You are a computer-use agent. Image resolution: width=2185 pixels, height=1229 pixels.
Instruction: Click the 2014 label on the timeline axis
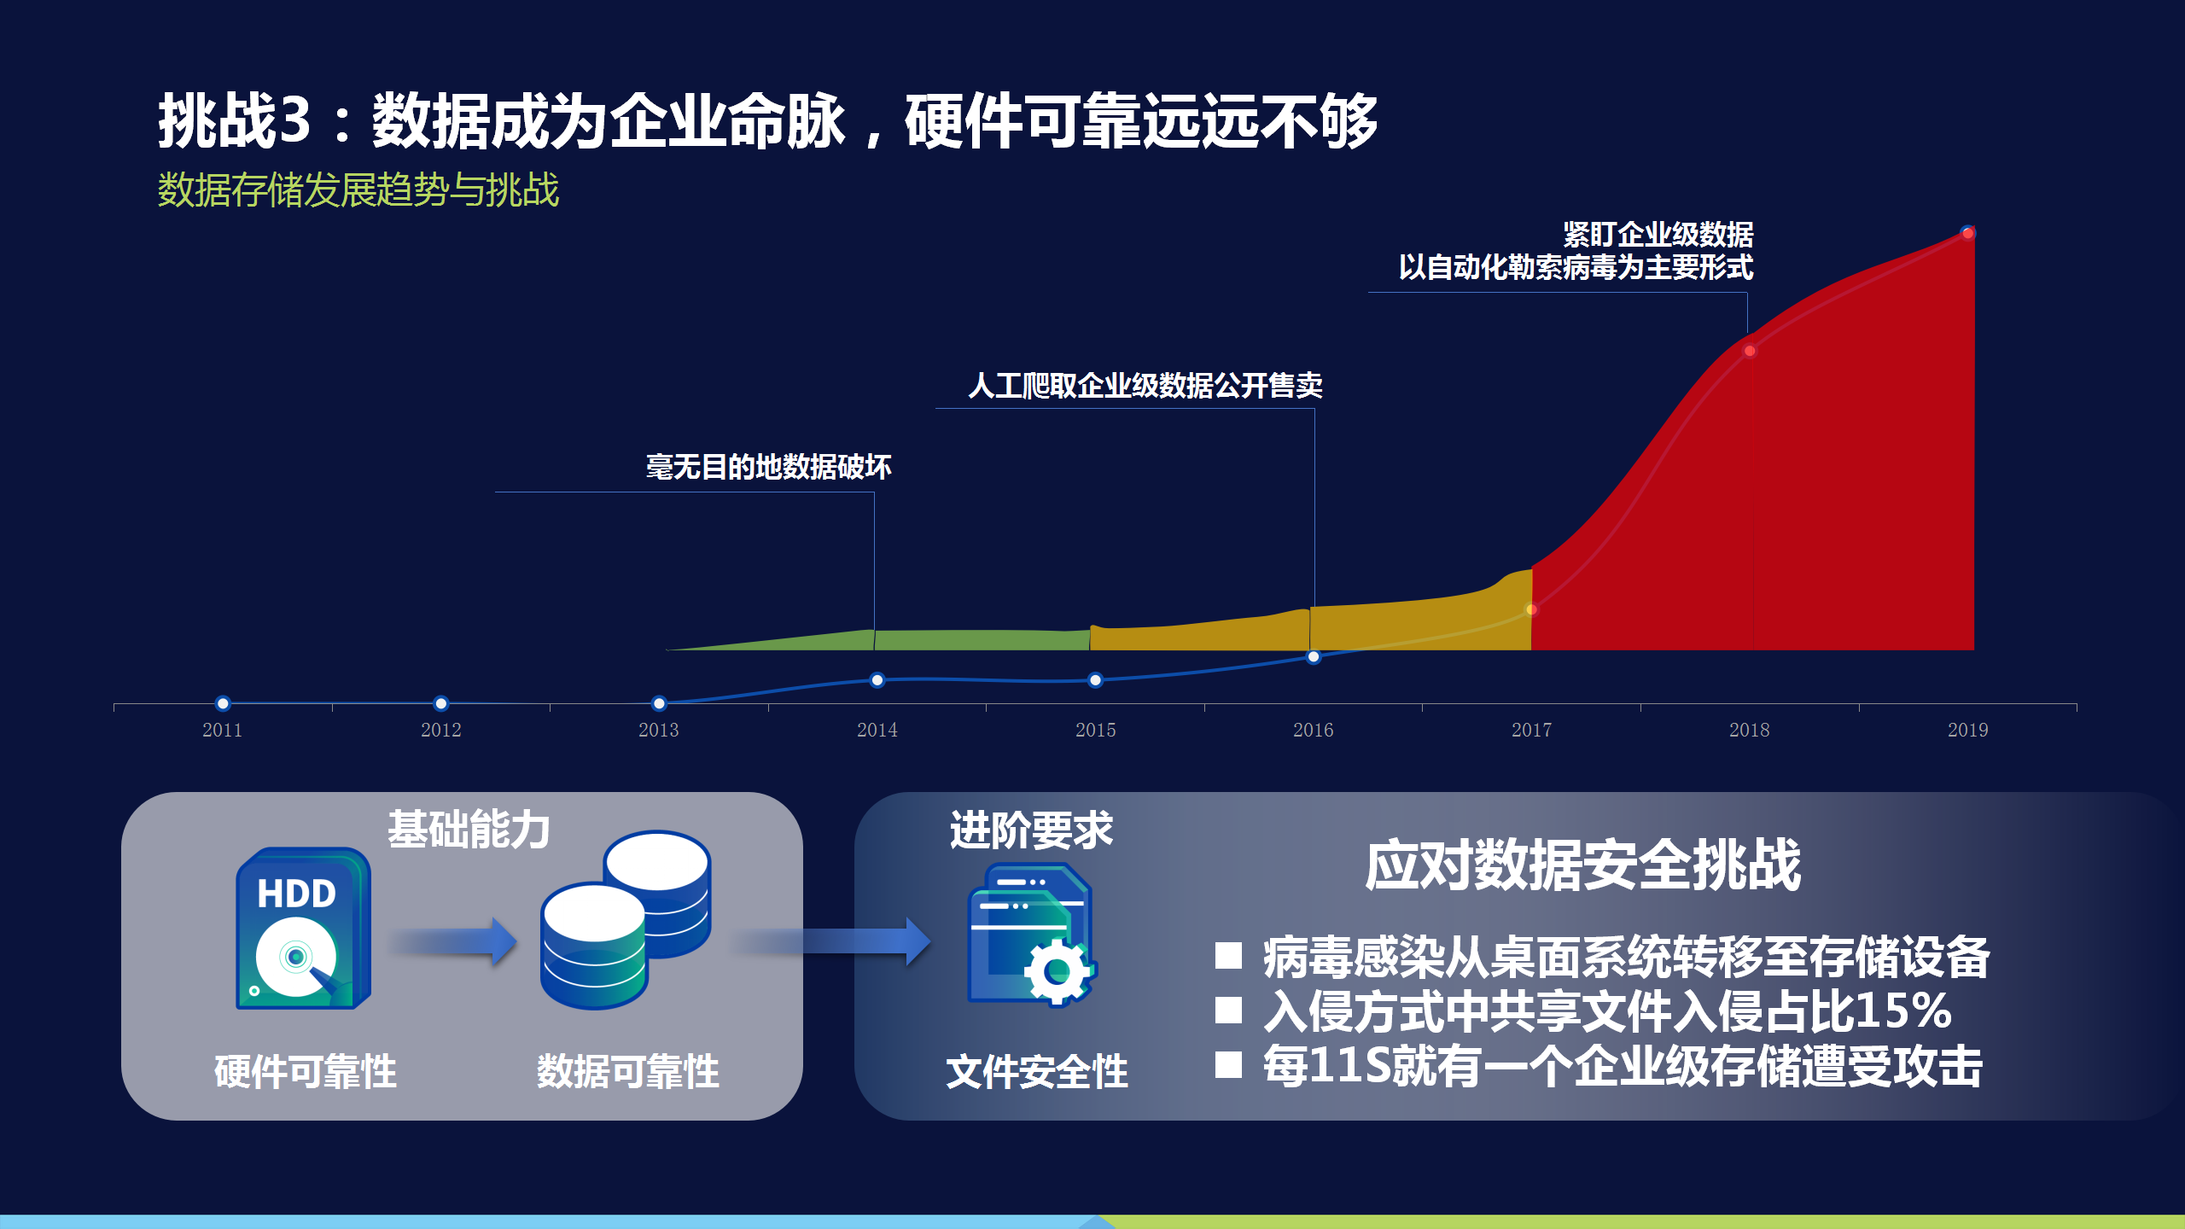pos(877,730)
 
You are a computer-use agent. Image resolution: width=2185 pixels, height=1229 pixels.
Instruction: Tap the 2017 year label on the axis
pos(1531,730)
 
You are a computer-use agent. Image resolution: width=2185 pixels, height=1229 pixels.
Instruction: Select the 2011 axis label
pos(222,730)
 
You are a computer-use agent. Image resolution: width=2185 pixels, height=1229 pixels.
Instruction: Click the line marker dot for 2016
pos(1314,656)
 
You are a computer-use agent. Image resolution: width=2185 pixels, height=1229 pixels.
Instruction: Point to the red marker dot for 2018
pos(1750,351)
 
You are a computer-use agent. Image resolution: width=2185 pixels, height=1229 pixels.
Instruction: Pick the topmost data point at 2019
pos(1967,233)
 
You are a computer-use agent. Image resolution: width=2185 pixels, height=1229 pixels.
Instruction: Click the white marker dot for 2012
pos(440,703)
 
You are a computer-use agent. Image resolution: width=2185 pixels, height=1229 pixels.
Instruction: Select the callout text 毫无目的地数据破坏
pos(768,467)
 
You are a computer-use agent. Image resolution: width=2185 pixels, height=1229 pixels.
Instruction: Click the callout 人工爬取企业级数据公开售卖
pos(1145,386)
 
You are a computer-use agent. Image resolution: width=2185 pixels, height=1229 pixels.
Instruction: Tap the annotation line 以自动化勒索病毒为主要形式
pos(1576,267)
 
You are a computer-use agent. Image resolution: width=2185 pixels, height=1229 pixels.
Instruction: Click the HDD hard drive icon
pos(303,928)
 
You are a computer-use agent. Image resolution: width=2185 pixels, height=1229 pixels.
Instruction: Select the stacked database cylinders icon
pos(625,920)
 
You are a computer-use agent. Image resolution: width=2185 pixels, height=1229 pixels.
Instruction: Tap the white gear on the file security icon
pos(1058,971)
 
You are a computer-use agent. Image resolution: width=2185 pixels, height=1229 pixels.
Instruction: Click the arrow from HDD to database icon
pos(454,942)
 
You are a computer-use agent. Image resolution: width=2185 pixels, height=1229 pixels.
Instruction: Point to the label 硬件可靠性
pos(306,1071)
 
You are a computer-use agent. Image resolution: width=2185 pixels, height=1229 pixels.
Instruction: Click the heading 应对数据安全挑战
pos(1582,865)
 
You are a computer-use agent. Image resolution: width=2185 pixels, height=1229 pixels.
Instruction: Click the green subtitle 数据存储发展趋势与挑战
pos(358,189)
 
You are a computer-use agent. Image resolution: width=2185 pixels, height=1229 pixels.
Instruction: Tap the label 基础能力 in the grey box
pos(469,830)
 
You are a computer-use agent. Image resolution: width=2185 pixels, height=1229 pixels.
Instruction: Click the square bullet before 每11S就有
pos(1228,1064)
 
